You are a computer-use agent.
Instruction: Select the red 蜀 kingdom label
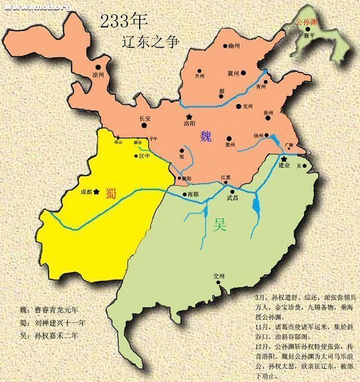point(111,192)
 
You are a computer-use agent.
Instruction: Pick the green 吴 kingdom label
point(220,225)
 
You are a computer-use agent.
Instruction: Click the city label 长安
point(146,118)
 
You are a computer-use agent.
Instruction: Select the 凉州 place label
point(99,75)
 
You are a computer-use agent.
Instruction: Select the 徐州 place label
point(268,112)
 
